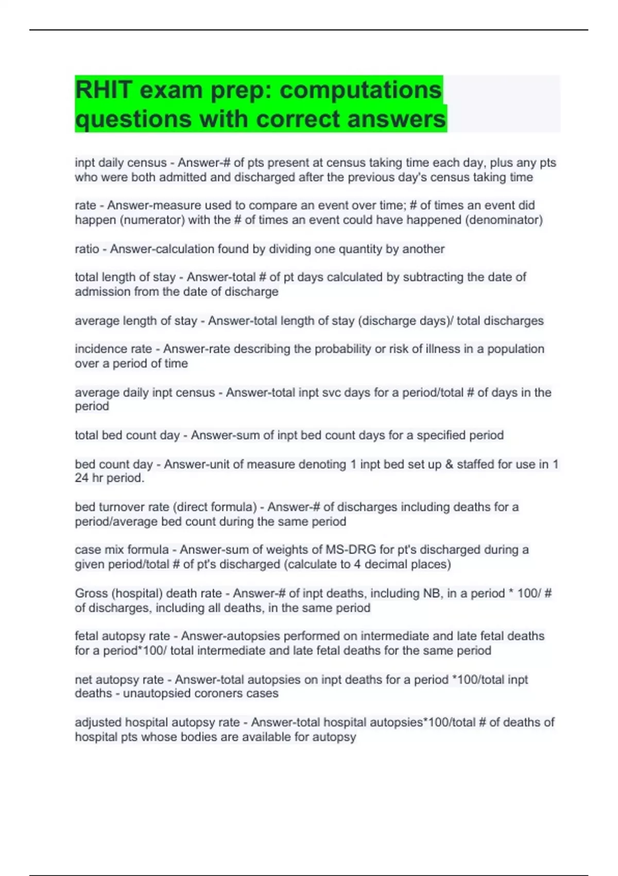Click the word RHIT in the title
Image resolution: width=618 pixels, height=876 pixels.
point(102,90)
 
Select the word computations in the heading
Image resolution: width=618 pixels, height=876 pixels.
point(360,90)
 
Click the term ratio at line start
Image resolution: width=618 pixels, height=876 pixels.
point(87,249)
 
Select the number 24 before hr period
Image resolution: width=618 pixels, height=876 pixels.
point(81,478)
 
